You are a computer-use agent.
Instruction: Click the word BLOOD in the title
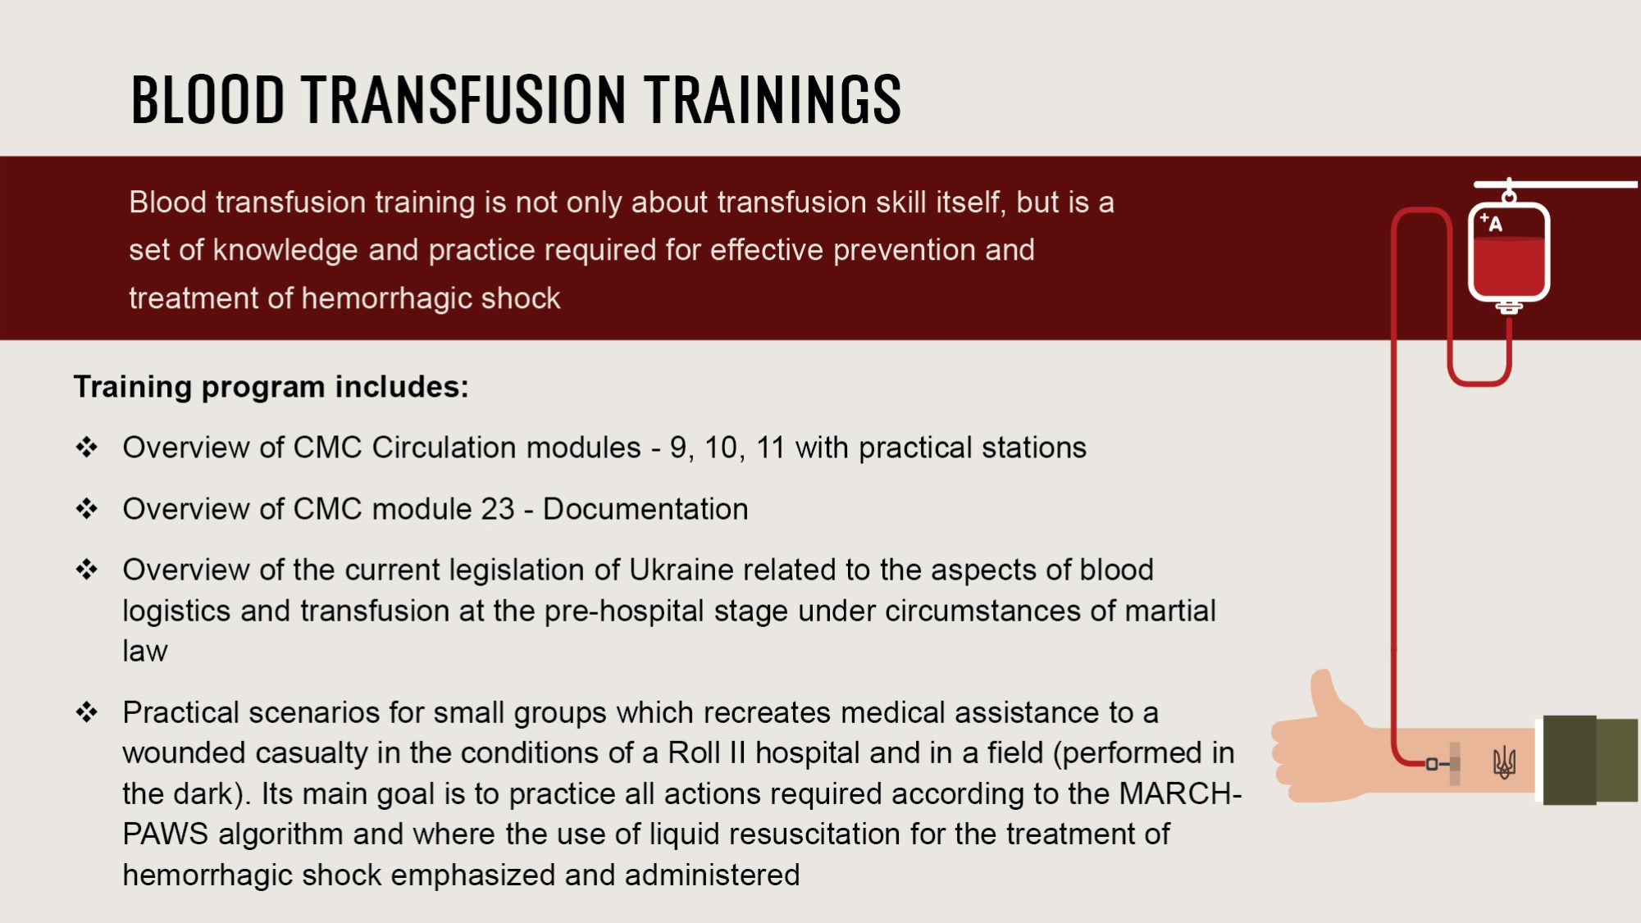click(207, 99)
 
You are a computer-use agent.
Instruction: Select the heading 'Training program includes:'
click(271, 387)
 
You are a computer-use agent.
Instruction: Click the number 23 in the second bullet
click(497, 509)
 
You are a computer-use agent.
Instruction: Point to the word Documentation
click(645, 509)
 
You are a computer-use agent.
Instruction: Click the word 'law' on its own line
click(145, 651)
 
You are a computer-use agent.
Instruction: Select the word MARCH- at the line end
click(1180, 793)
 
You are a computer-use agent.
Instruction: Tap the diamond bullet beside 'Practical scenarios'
click(86, 712)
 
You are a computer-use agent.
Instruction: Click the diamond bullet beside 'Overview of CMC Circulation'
click(86, 447)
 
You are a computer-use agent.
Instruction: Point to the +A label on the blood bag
click(1491, 222)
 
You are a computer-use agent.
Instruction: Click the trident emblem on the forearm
click(1504, 763)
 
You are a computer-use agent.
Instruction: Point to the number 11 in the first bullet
click(770, 448)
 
